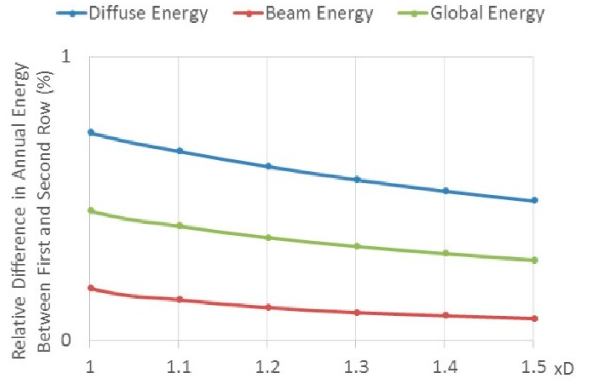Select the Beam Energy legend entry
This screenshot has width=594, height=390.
[x=303, y=13]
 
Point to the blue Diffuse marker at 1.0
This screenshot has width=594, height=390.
[x=91, y=132]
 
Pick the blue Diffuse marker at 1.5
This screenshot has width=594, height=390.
[x=535, y=200]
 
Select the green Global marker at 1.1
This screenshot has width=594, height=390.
[x=180, y=225]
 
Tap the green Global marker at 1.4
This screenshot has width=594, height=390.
[x=446, y=253]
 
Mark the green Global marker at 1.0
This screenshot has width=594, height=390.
[x=91, y=210]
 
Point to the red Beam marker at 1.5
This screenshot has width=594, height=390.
[x=535, y=318]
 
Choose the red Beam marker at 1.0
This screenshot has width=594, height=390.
[x=91, y=288]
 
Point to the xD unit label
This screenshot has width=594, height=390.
[x=564, y=370]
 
